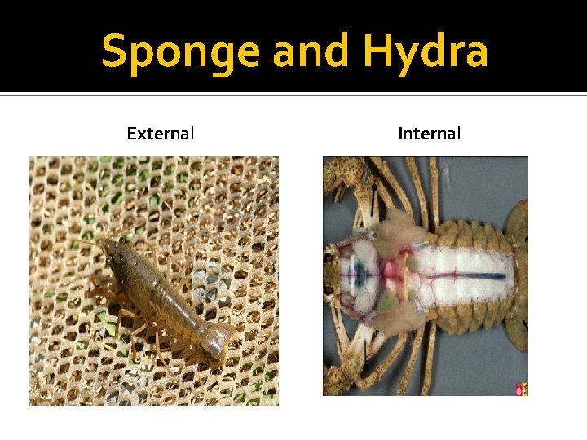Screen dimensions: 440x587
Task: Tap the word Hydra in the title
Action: coord(426,51)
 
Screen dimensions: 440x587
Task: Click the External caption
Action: coord(161,133)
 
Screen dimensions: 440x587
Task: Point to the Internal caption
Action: coord(430,133)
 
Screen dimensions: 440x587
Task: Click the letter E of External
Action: coord(131,133)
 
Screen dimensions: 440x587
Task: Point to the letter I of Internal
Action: coord(400,133)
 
